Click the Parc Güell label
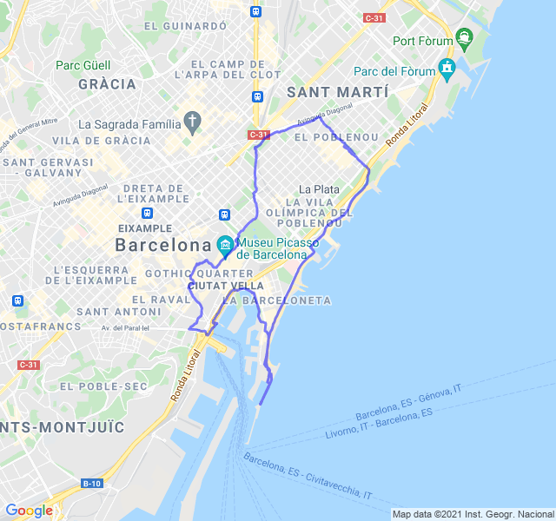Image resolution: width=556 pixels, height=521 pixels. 83,65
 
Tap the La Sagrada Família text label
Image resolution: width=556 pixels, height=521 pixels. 129,123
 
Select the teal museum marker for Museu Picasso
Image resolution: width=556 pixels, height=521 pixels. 225,245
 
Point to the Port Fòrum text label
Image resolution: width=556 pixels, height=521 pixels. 423,41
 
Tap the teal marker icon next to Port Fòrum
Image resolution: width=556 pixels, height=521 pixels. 465,37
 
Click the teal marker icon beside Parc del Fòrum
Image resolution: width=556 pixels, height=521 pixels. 447,67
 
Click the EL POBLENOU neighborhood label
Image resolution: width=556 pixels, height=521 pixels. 337,137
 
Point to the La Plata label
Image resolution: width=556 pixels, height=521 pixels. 319,188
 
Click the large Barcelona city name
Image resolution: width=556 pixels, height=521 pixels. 163,245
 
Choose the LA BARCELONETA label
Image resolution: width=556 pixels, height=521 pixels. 277,300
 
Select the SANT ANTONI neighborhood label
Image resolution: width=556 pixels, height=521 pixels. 106,311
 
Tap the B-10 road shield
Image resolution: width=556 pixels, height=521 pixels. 91,483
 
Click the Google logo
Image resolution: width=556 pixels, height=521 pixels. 29,511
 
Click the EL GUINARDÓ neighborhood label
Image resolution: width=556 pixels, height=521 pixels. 185,26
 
